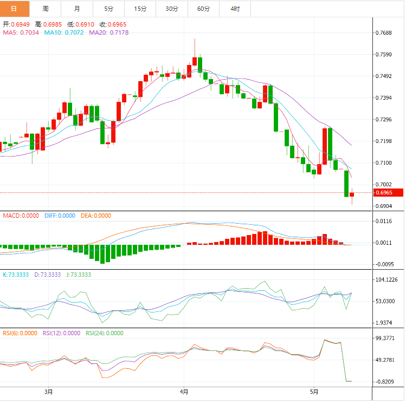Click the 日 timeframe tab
(14, 9)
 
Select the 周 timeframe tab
(45, 9)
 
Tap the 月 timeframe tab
(76, 9)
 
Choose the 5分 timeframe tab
(108, 9)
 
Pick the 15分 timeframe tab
(140, 9)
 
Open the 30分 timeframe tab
(172, 9)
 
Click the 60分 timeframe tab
(203, 9)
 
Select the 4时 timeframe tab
(235, 9)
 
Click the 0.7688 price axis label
(384, 33)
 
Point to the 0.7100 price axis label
(384, 163)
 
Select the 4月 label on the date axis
(184, 391)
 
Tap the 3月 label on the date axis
(48, 391)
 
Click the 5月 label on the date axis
(314, 391)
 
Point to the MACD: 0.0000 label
(21, 216)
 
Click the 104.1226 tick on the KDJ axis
(386, 279)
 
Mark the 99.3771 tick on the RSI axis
(385, 338)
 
